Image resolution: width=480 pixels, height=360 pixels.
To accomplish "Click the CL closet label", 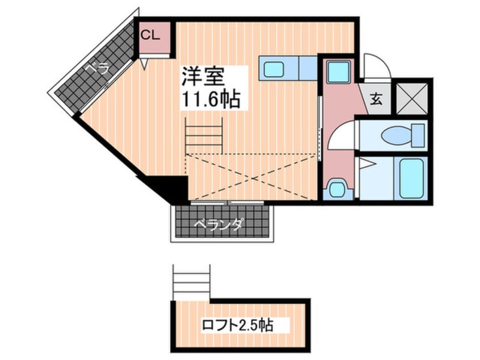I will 150,35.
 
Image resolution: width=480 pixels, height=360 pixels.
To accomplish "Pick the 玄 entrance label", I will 377,98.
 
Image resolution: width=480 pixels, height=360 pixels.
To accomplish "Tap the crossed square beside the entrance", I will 411,97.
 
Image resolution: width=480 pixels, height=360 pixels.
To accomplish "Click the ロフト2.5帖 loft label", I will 238,325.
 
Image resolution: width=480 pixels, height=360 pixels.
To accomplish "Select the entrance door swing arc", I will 374,64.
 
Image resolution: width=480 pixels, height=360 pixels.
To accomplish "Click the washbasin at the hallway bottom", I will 337,187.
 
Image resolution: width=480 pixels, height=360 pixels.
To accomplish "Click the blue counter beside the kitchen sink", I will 308,69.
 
